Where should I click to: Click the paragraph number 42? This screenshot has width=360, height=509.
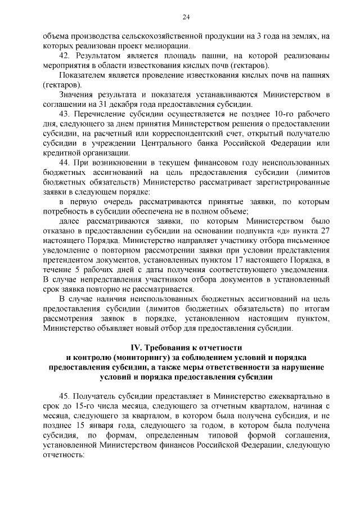(x=65, y=56)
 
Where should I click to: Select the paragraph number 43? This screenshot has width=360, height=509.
(x=65, y=115)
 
